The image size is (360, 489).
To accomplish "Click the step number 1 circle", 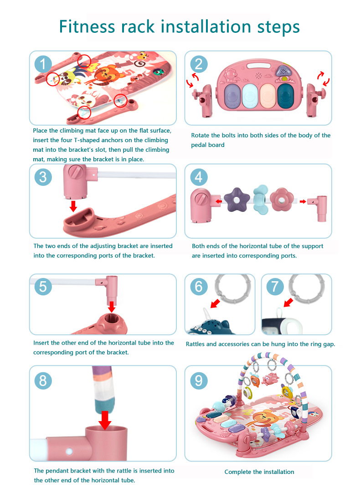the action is (x=43, y=65).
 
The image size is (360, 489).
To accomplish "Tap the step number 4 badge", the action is (x=199, y=177).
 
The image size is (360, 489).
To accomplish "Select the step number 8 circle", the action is (x=43, y=381).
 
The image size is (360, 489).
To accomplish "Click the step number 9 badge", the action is (x=199, y=381).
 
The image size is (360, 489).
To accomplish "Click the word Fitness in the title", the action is (x=87, y=26).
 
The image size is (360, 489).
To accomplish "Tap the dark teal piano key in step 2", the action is (x=286, y=96).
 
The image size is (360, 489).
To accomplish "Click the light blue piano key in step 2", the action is (x=250, y=96).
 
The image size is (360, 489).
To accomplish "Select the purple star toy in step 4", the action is (x=237, y=200).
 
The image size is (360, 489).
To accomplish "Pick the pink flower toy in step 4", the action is (x=282, y=199).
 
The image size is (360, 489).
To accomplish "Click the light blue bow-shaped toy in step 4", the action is (x=261, y=200).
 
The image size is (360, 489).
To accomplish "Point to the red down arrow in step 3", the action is (x=73, y=206).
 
